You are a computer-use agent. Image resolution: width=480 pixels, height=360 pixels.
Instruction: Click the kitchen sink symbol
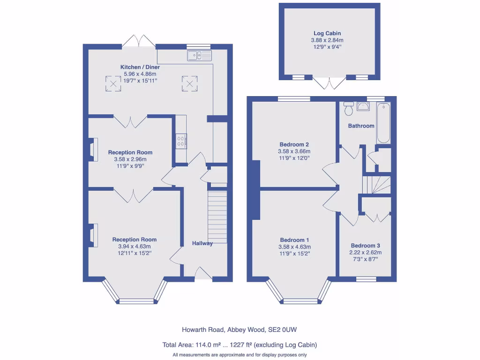click(199, 56)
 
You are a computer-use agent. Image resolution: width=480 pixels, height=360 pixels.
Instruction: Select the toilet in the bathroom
click(348, 109)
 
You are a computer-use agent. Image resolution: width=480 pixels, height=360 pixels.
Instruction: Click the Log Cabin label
click(327, 33)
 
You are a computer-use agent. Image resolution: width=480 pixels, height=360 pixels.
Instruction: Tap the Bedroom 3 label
click(366, 246)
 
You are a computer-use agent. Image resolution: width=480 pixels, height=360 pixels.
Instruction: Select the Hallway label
click(202, 243)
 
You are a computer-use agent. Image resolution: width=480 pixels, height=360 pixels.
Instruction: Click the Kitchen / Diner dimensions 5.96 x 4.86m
click(140, 74)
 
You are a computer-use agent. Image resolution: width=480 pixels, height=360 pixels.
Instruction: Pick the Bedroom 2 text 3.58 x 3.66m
click(294, 151)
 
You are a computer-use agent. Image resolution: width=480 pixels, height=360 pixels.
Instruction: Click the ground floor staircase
click(217, 217)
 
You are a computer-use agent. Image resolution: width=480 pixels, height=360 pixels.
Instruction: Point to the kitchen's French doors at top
click(139, 41)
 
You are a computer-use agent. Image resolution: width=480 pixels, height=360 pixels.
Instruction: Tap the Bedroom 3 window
click(366, 279)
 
